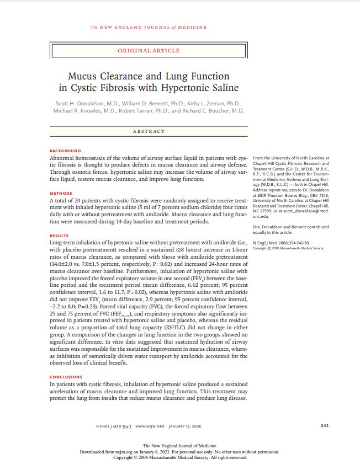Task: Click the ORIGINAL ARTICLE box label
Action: click(x=149, y=51)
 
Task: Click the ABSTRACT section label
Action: click(x=149, y=131)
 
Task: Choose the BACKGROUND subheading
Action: click(x=65, y=151)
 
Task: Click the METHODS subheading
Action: click(x=61, y=193)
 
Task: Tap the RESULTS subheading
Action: click(x=60, y=236)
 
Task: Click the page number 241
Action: click(x=325, y=425)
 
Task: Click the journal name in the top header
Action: click(x=149, y=27)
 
